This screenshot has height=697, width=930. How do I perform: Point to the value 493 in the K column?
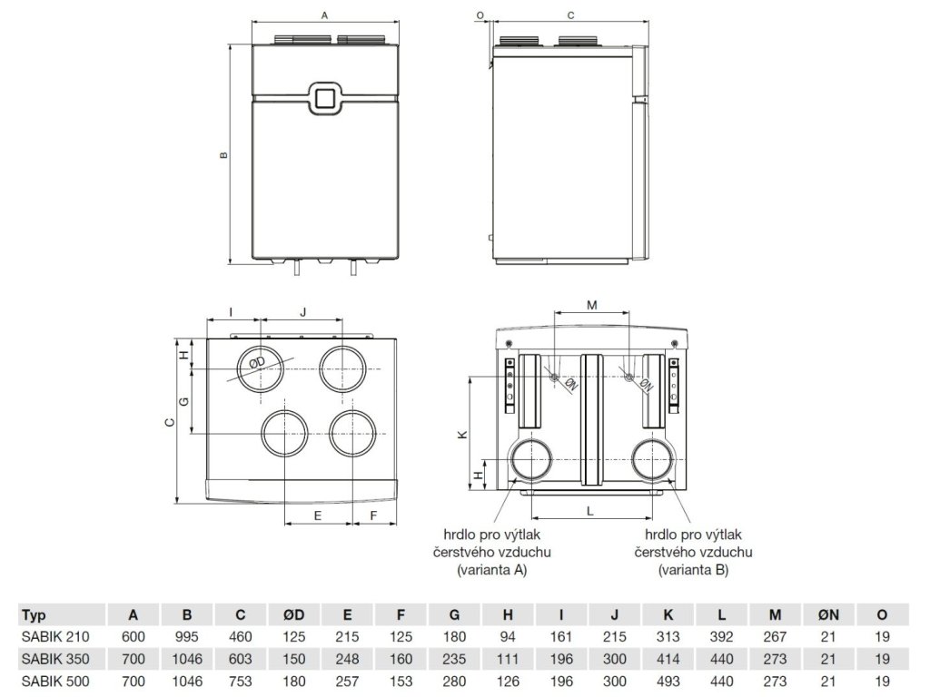point(668,679)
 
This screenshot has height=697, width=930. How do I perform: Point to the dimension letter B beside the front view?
point(223,155)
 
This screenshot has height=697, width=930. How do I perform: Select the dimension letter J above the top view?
point(303,311)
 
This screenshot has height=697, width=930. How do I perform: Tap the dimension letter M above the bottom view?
point(591,305)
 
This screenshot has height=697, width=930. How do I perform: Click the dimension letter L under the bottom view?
point(590,512)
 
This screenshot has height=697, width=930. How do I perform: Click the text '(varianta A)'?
point(491,571)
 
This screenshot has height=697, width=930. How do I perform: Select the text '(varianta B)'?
point(693,571)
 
